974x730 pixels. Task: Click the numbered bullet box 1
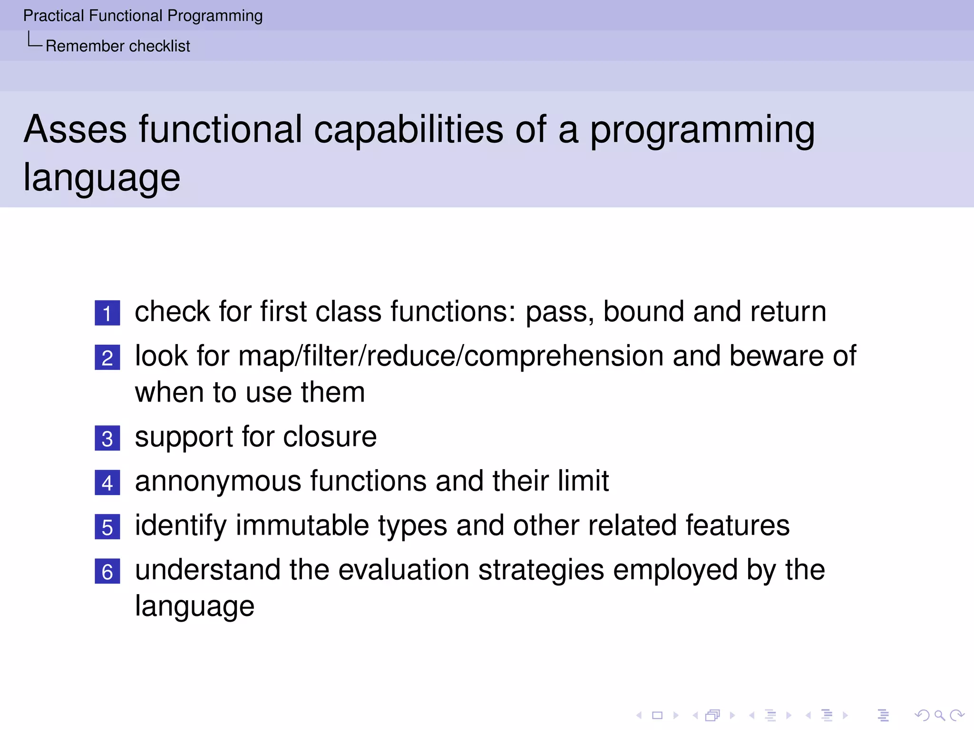(107, 313)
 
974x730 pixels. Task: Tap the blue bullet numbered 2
(107, 358)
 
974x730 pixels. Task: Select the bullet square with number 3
(107, 438)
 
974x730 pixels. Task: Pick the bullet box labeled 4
(107, 483)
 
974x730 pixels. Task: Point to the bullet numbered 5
(107, 527)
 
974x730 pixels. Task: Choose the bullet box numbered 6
(107, 571)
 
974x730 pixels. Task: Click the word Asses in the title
(75, 129)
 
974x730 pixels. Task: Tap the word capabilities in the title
(408, 129)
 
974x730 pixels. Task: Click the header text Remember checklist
(117, 46)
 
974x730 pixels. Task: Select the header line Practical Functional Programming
(143, 16)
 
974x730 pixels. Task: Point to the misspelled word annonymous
(218, 481)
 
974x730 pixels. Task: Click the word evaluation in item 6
(403, 570)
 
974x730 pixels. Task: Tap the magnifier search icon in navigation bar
(939, 715)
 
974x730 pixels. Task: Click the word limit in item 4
(583, 481)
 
